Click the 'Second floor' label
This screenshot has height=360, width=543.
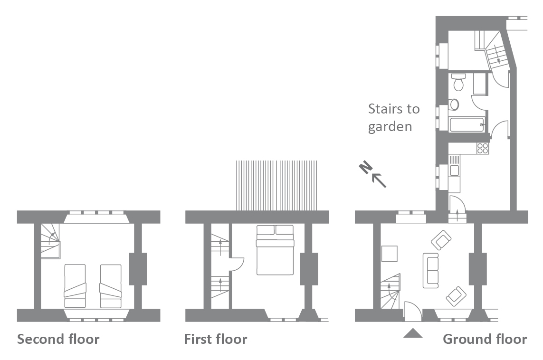[58, 339]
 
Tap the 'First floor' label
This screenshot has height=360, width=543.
[215, 339]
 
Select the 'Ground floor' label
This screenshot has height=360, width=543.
[485, 339]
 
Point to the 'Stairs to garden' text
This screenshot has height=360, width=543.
[394, 118]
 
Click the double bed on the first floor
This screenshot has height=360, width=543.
[275, 250]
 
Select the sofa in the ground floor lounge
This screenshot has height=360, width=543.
[431, 271]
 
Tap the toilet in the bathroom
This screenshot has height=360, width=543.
[458, 82]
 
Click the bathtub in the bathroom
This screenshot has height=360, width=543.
[466, 124]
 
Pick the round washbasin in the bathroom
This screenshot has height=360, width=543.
[454, 104]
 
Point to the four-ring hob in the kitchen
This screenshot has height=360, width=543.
[482, 148]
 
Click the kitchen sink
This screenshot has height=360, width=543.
[454, 171]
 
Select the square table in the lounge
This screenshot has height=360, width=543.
[389, 254]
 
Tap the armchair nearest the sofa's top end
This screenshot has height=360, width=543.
[441, 240]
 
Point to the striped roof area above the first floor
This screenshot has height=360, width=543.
[276, 185]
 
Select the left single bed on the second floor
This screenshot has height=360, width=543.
[75, 286]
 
